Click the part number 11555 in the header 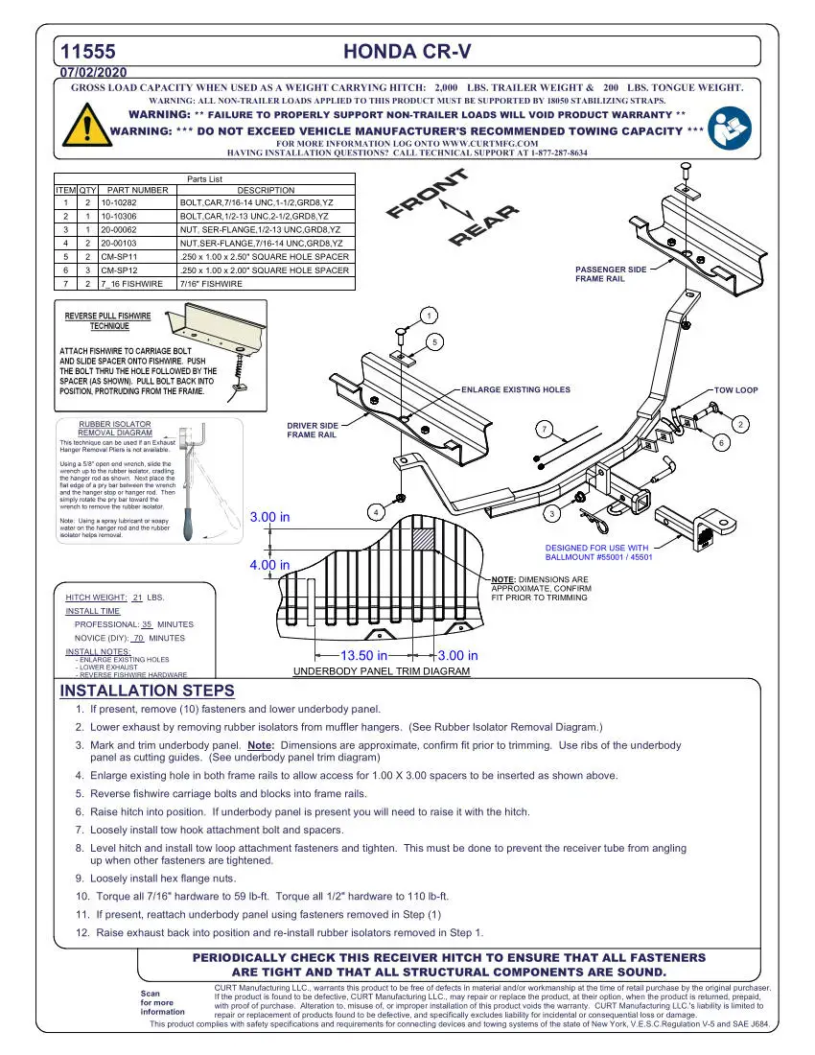tap(88, 52)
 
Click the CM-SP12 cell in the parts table tap(120, 270)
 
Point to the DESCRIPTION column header tap(266, 190)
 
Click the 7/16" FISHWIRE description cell tap(211, 284)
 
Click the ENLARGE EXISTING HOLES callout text tap(516, 390)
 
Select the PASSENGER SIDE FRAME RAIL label tap(611, 274)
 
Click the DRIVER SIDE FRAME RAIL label tap(313, 430)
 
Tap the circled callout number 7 tap(544, 428)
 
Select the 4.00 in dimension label tap(269, 565)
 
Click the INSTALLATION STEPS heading tap(147, 691)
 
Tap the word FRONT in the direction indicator tap(428, 195)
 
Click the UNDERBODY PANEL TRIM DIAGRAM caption tap(381, 671)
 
